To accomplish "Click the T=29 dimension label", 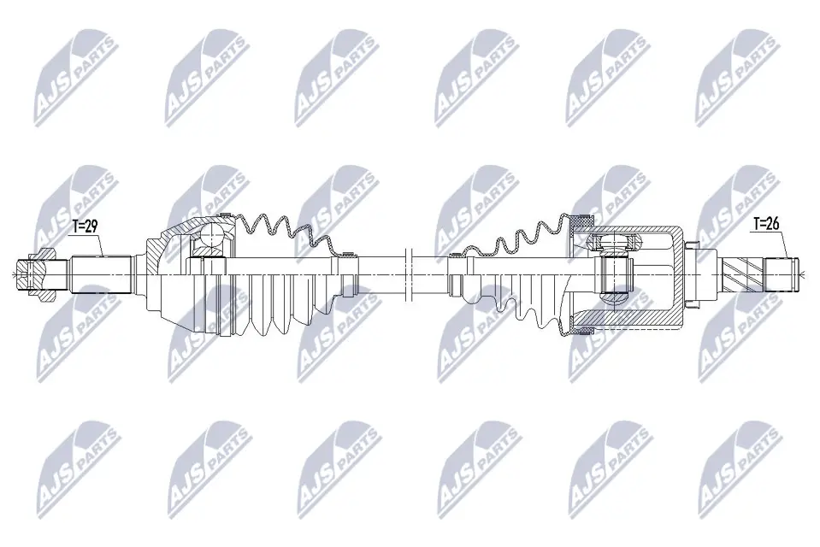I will tap(86, 226).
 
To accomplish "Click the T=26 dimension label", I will tap(766, 226).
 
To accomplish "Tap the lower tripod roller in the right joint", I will tap(613, 298).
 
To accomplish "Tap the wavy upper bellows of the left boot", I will tap(282, 231).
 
